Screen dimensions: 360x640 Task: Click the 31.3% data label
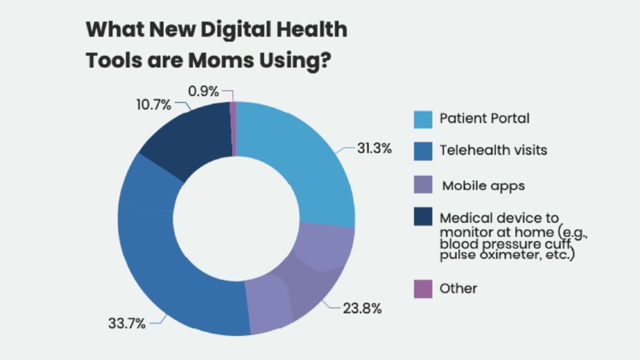(374, 149)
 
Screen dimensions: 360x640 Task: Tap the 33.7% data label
(127, 324)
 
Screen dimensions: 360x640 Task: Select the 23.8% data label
(362, 309)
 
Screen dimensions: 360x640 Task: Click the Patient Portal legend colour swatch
(423, 119)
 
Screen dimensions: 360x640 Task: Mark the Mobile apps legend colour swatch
(423, 185)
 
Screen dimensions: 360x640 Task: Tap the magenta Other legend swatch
(423, 289)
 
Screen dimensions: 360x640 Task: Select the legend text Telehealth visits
(493, 150)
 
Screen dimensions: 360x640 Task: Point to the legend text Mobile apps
(483, 185)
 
